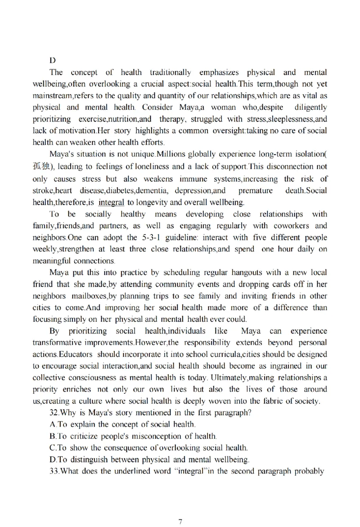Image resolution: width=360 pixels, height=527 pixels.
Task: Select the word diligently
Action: (x=310, y=107)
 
